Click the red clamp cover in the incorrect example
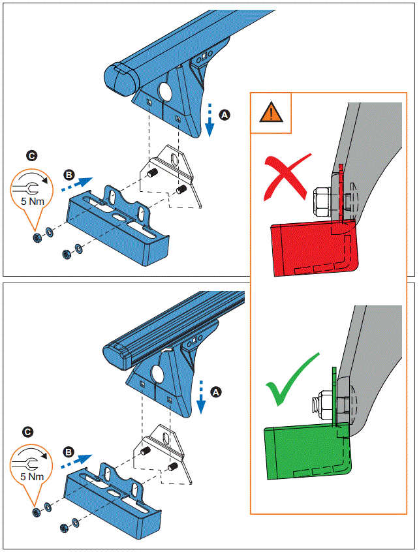pyautogui.click(x=307, y=248)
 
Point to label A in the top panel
pyautogui.click(x=225, y=114)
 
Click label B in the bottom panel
pyautogui.click(x=68, y=451)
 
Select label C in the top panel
pyautogui.click(x=31, y=155)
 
